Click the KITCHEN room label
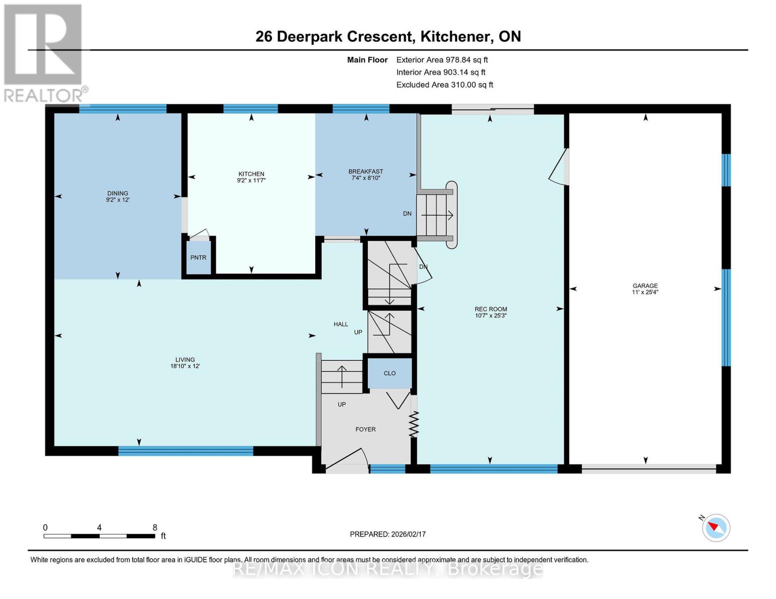(x=251, y=174)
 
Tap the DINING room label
(x=117, y=193)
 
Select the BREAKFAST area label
(x=365, y=171)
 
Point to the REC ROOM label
(x=490, y=309)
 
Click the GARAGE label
(x=645, y=286)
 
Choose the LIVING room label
(x=185, y=359)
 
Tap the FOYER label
(x=365, y=429)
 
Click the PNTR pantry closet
(x=198, y=258)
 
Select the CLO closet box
(x=390, y=373)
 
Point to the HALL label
(x=341, y=324)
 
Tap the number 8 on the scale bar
(x=155, y=528)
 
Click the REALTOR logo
(x=44, y=52)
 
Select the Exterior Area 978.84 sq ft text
(x=442, y=60)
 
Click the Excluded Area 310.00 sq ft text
(x=444, y=85)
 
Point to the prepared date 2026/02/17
(x=388, y=534)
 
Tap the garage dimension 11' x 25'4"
(x=645, y=293)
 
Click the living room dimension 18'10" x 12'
(x=185, y=366)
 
